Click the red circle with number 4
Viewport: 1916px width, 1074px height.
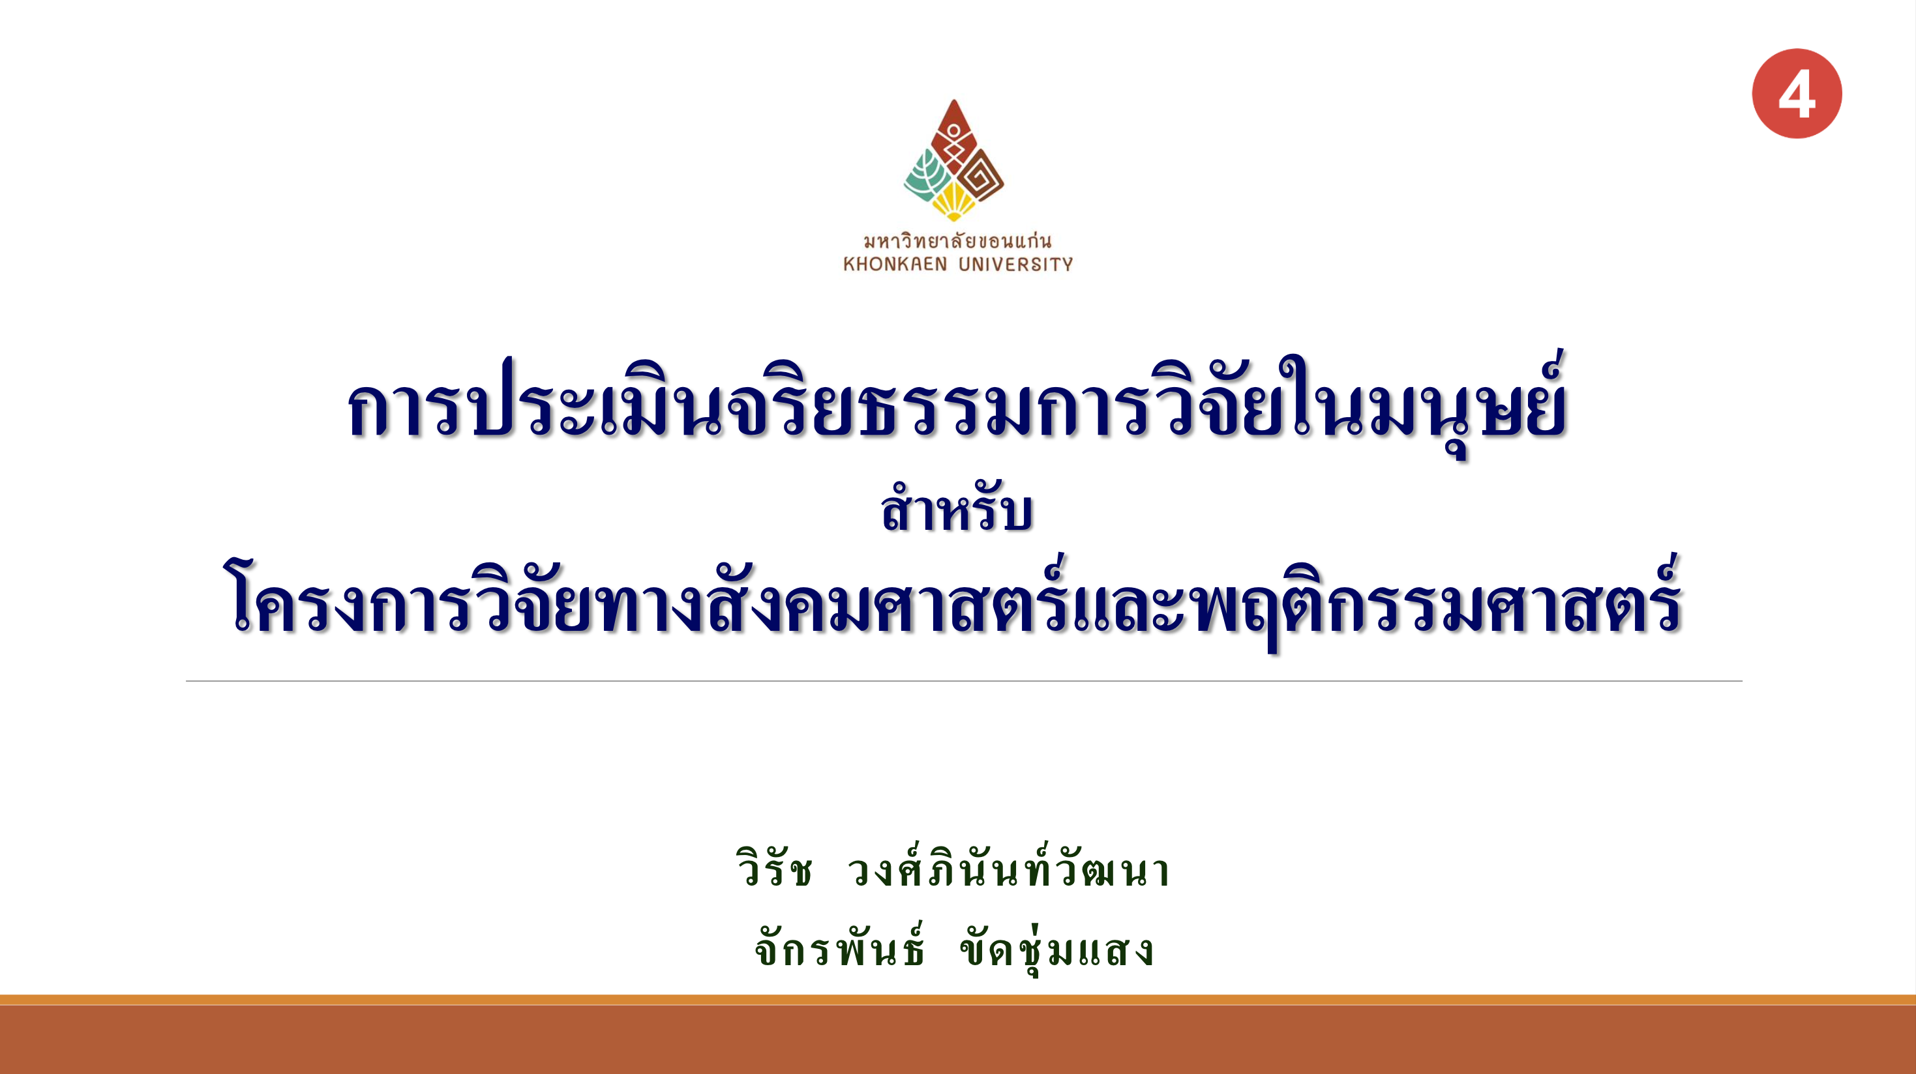(x=1796, y=94)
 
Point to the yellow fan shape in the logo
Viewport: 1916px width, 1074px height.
(x=953, y=201)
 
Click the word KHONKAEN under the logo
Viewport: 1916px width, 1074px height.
(x=895, y=264)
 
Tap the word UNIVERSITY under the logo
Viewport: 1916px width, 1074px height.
(x=1015, y=264)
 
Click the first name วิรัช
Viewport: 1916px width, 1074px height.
(x=774, y=868)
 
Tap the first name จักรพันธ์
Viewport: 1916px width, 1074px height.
(x=840, y=946)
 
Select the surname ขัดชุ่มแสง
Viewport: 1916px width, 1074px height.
(x=1057, y=948)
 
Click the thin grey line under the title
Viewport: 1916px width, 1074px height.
(x=964, y=681)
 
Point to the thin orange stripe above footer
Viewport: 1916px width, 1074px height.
(x=958, y=1000)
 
